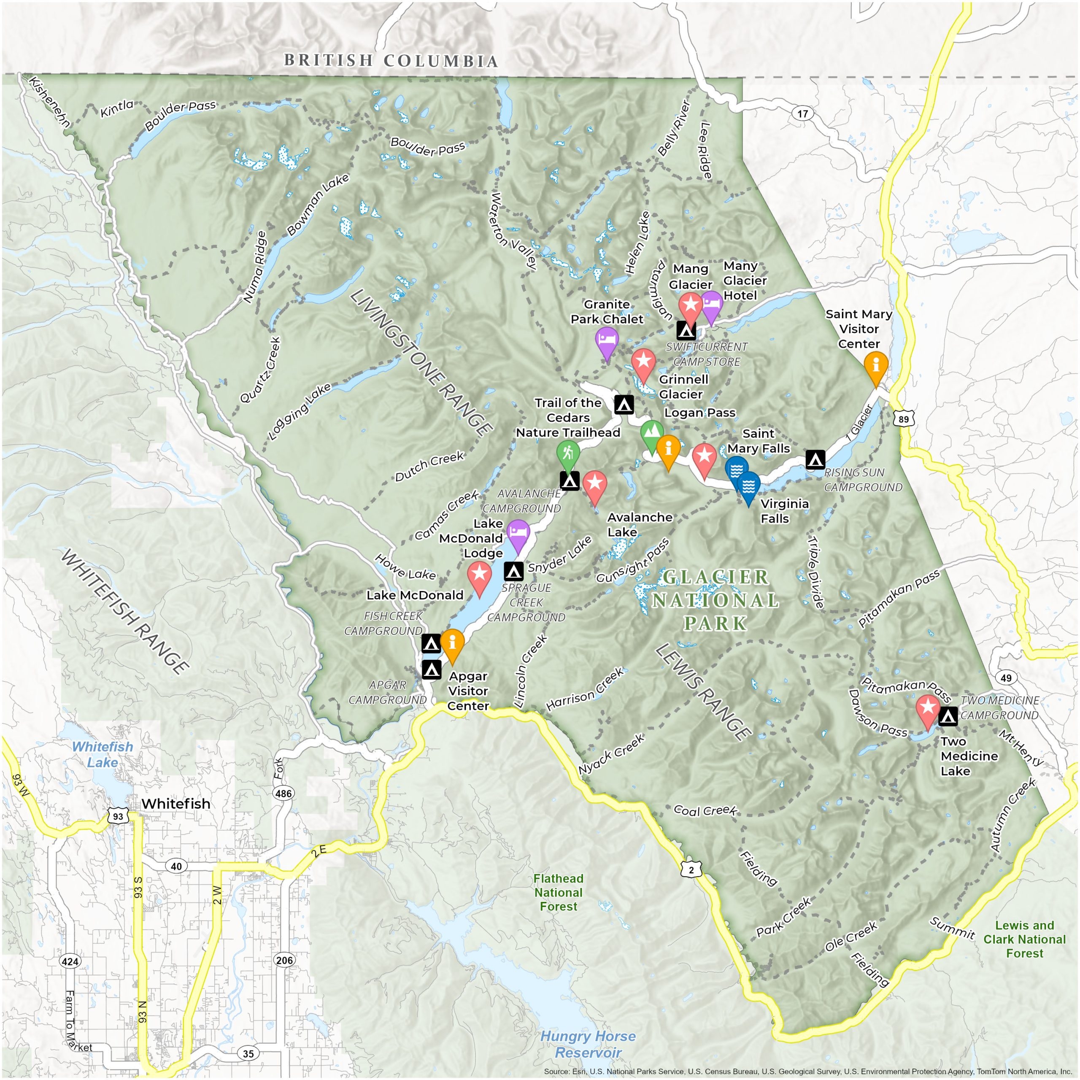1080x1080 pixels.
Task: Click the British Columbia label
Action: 391,60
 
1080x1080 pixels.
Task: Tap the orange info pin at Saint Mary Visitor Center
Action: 875,365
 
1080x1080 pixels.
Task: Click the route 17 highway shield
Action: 802,114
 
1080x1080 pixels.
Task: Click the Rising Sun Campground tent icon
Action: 815,459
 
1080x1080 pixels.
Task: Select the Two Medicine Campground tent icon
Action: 948,715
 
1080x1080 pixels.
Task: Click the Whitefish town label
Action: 175,803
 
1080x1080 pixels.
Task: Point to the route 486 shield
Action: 283,793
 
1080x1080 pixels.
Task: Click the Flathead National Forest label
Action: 558,893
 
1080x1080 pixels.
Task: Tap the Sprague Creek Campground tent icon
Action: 513,571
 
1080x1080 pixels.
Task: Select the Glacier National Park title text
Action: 715,600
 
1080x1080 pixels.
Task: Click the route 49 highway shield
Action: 1006,678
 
